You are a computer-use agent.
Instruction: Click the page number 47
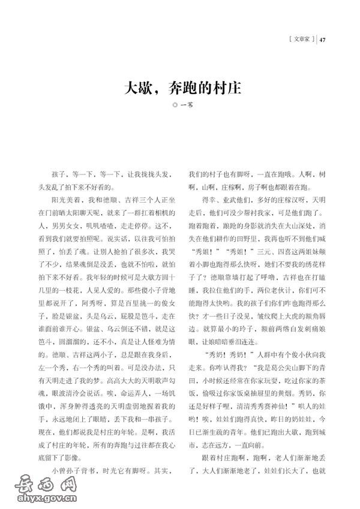(x=323, y=40)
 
